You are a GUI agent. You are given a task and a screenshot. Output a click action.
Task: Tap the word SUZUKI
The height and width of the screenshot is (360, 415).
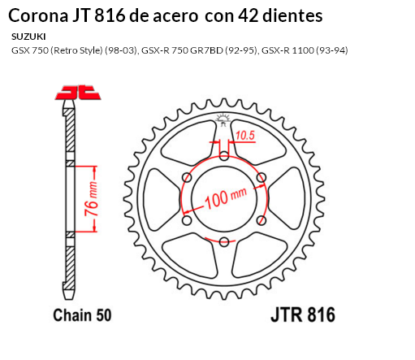pyautogui.click(x=28, y=37)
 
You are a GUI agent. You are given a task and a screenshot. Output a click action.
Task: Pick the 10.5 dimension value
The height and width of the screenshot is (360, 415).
pyautogui.click(x=246, y=134)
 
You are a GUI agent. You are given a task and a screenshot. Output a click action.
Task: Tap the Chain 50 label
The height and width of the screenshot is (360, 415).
pyautogui.click(x=82, y=314)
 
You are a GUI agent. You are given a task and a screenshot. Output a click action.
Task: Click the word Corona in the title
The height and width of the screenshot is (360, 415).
pyautogui.click(x=33, y=15)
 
